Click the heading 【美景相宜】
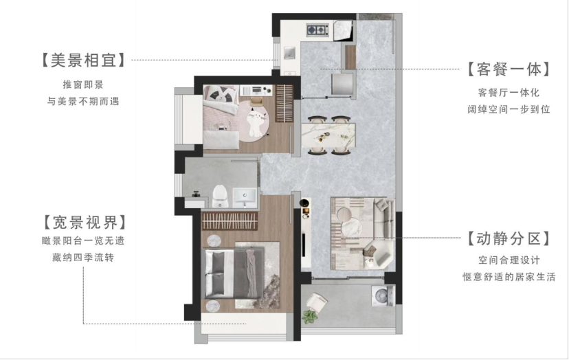point(83,60)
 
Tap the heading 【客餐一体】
point(509,69)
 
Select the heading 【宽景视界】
point(85,222)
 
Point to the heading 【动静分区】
point(509,238)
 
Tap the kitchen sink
point(289,54)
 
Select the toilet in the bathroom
point(220,196)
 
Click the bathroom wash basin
point(244,197)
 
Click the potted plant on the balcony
point(310,316)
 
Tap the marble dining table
point(328,135)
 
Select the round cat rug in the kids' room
point(254,118)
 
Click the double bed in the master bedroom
point(235,273)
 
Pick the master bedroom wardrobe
point(230,221)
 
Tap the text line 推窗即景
point(83,85)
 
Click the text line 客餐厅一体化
point(509,93)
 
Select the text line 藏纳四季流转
point(83,258)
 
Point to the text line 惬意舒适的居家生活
point(509,277)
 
